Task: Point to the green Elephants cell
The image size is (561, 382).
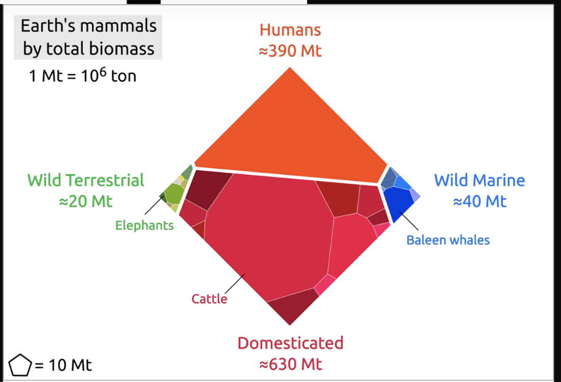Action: pyautogui.click(x=174, y=194)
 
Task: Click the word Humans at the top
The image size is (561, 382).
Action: pyautogui.click(x=290, y=30)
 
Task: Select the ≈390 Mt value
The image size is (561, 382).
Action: pyautogui.click(x=290, y=51)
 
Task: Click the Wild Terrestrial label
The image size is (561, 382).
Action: pyautogui.click(x=86, y=180)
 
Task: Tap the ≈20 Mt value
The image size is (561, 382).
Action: pyautogui.click(x=86, y=201)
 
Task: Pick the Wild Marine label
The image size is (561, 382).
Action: pyautogui.click(x=479, y=180)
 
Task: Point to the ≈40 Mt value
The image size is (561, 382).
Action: pyautogui.click(x=479, y=201)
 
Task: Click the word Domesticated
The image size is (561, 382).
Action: pyautogui.click(x=290, y=343)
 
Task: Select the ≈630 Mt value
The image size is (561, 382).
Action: pyautogui.click(x=290, y=364)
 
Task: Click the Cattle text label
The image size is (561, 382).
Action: pyautogui.click(x=209, y=298)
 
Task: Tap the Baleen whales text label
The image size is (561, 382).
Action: pyautogui.click(x=448, y=240)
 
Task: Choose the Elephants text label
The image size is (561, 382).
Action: pyautogui.click(x=144, y=225)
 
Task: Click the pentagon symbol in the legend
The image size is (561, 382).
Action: pyautogui.click(x=20, y=365)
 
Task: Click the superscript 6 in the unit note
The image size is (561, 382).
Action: pyautogui.click(x=102, y=72)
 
